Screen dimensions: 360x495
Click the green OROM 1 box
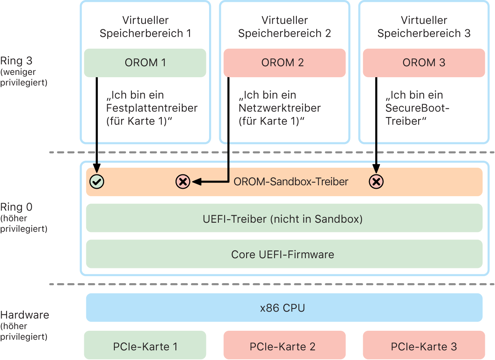point(145,63)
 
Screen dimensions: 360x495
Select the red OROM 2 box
point(284,63)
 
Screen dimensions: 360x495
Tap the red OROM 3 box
point(424,63)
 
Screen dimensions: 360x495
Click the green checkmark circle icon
point(96,181)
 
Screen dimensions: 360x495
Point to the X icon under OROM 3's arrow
point(376,181)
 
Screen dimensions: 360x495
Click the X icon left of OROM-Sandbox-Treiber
point(183,181)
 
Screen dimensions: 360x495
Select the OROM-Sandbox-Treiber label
point(291,181)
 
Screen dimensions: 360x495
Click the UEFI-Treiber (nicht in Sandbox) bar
point(284,218)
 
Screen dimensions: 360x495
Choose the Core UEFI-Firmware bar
point(284,254)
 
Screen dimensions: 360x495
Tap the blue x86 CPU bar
point(284,308)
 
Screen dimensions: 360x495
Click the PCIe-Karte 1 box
point(145,346)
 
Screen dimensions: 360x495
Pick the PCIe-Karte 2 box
point(284,346)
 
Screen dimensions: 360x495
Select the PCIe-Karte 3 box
point(424,346)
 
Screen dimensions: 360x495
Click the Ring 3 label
point(16,61)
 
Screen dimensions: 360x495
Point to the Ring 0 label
point(16,207)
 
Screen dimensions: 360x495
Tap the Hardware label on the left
point(25,314)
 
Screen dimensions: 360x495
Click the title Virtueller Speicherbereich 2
point(284,27)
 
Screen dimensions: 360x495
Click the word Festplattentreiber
point(152,108)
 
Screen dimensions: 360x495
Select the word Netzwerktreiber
point(279,108)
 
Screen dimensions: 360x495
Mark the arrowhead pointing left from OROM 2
point(195,181)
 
